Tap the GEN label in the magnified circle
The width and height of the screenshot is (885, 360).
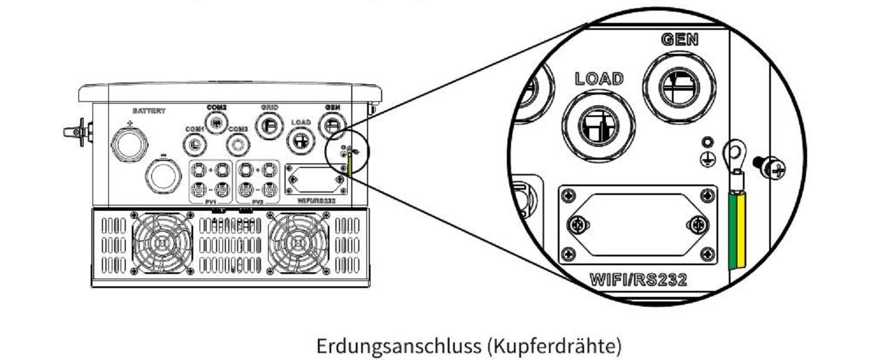click(x=680, y=40)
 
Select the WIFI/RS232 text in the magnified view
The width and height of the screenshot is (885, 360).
click(x=638, y=279)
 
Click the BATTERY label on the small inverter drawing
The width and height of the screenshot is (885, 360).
click(x=149, y=111)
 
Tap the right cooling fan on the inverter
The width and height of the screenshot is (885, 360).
click(x=297, y=243)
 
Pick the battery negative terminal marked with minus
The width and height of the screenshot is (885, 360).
click(x=163, y=174)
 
